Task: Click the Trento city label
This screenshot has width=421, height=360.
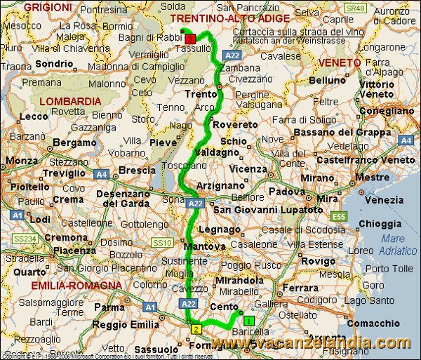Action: point(198,93)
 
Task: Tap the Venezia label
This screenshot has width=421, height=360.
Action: point(383,200)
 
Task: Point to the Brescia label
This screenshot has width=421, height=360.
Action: point(138,171)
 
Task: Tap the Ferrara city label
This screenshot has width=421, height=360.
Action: point(300,288)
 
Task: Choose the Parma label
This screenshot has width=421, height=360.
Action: point(109,307)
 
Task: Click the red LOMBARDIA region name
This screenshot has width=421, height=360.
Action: point(70,101)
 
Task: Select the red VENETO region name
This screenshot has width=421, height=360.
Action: point(338,62)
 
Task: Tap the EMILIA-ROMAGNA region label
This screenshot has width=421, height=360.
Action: point(76,285)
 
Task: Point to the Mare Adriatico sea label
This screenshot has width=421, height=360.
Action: point(399,245)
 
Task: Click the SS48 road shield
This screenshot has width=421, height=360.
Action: point(356,8)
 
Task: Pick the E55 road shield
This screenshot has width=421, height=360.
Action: point(340,215)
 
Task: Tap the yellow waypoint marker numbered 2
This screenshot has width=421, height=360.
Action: point(196,329)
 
